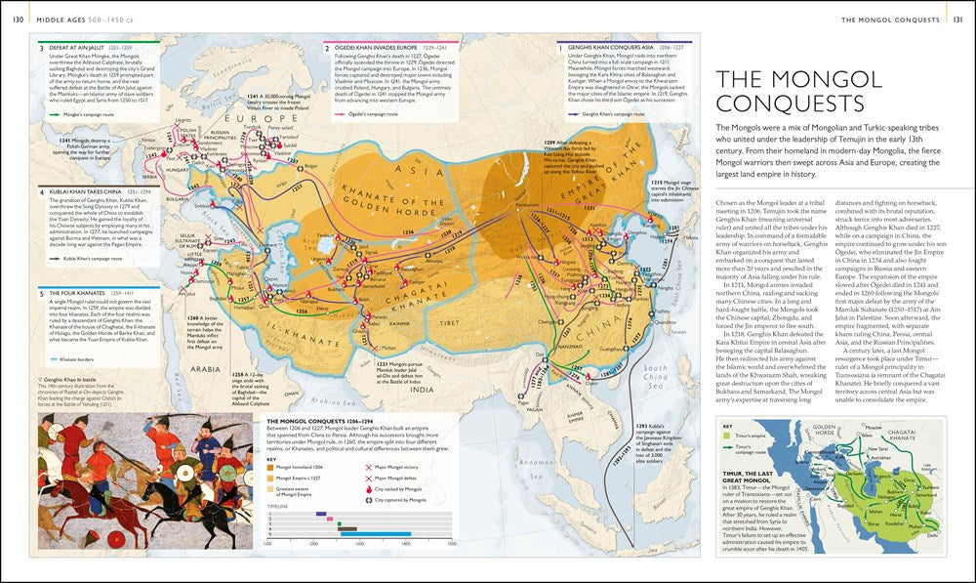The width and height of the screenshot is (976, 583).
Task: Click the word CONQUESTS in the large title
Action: tap(791, 104)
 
